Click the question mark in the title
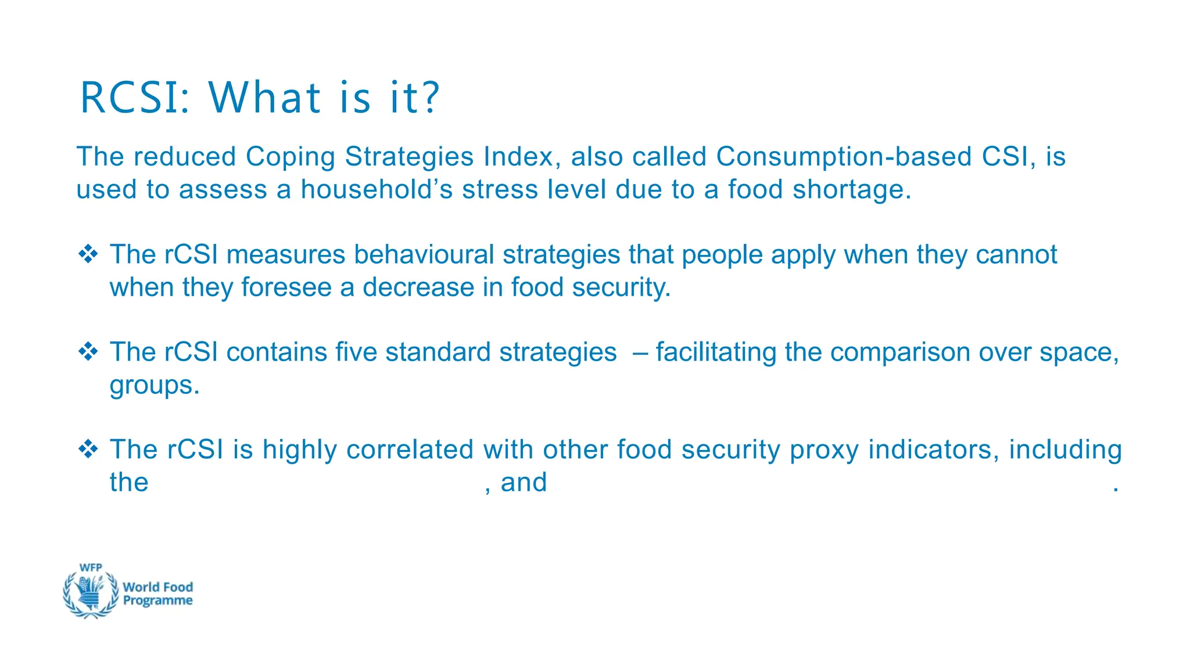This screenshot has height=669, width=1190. point(431,98)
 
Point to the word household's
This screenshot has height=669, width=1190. point(376,190)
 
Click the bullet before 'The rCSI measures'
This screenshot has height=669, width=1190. point(88,254)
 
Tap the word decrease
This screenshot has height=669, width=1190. point(418,287)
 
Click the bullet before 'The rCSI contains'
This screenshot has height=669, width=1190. point(88,352)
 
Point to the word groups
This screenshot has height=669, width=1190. point(154,386)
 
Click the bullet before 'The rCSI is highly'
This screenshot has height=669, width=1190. point(88,449)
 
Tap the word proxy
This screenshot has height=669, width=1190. point(824,450)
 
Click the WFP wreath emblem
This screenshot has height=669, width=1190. point(91,592)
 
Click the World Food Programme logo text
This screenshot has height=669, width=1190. point(157,594)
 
